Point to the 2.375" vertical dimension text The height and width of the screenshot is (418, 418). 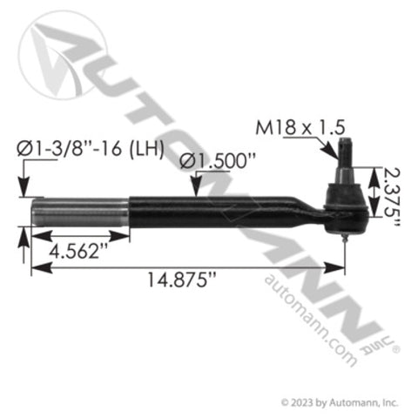coord(394,199)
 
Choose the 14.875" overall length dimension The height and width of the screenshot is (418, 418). coord(183,280)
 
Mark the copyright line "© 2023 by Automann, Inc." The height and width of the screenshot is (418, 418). coord(340,401)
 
